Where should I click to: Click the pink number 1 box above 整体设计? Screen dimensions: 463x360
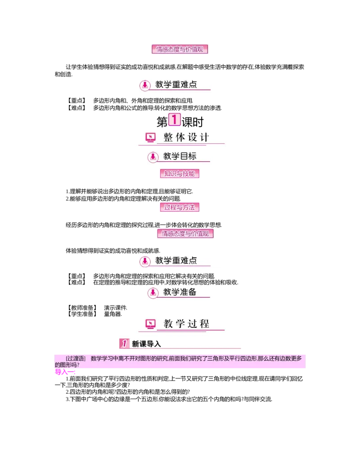(x=174, y=120)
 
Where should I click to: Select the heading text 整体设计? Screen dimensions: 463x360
(x=186, y=138)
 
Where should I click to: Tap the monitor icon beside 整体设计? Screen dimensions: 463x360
(x=150, y=138)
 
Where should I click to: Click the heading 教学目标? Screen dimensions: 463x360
(x=180, y=156)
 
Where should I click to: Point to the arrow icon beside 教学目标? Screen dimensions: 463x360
(x=153, y=157)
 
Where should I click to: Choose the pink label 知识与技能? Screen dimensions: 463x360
(x=180, y=173)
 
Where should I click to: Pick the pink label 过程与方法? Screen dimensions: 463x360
(x=180, y=207)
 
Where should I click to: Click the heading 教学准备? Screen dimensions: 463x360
(x=180, y=292)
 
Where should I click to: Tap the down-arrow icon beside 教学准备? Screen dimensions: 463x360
(x=153, y=293)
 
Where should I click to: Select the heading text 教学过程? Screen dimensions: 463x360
(x=186, y=323)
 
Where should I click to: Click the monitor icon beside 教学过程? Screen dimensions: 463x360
(x=150, y=324)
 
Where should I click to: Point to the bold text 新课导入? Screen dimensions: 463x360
(x=146, y=344)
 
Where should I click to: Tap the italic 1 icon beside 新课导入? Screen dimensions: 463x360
(x=125, y=344)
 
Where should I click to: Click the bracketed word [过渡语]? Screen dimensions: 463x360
(x=75, y=359)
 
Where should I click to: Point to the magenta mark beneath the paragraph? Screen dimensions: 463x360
(x=64, y=372)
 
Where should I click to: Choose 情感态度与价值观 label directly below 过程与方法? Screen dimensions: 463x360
(x=185, y=234)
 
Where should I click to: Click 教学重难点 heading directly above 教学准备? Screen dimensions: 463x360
(x=176, y=261)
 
